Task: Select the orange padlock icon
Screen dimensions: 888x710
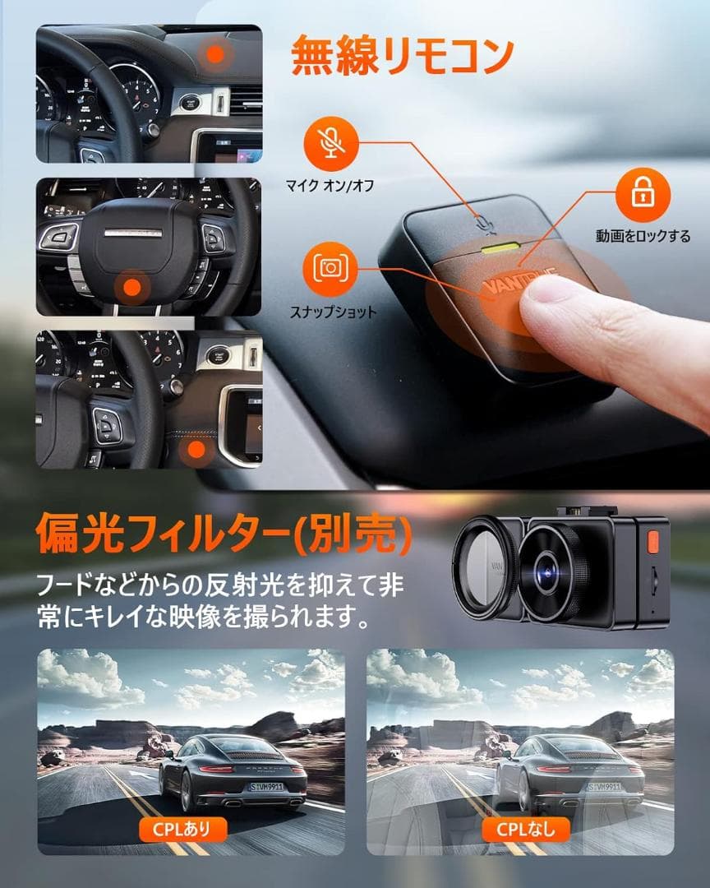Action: click(643, 195)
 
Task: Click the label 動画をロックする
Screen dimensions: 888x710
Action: click(643, 236)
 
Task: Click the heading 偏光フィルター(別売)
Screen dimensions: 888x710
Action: click(223, 534)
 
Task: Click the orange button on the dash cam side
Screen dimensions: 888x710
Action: click(654, 543)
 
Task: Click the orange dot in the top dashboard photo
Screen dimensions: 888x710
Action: click(215, 54)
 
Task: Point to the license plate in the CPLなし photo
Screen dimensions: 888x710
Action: click(603, 787)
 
